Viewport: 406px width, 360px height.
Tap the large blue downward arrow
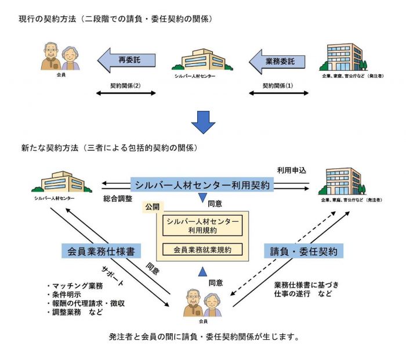click(x=203, y=121)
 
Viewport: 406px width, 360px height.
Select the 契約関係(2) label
click(x=125, y=85)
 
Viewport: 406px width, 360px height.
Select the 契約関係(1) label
click(x=278, y=85)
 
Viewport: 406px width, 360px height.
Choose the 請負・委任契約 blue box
click(x=304, y=251)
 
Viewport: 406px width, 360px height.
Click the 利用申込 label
click(x=291, y=170)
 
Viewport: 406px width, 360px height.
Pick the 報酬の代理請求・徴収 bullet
click(x=86, y=304)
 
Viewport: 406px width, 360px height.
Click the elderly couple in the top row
click(x=60, y=56)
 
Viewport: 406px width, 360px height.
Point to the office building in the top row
click(x=343, y=56)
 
